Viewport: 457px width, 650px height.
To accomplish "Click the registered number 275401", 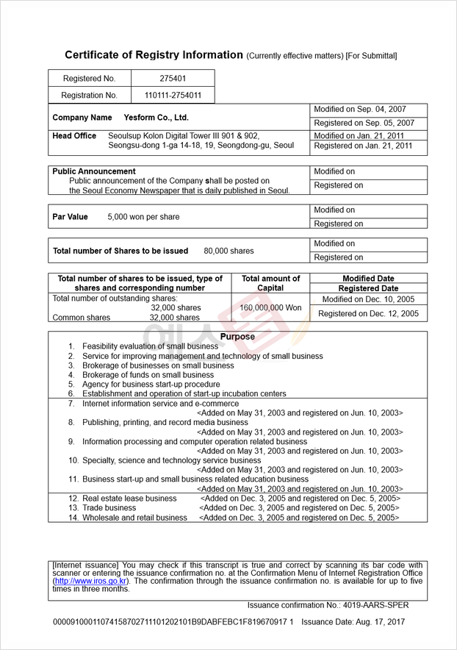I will click(x=173, y=78).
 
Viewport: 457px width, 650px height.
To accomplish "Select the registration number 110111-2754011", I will click(x=173, y=95).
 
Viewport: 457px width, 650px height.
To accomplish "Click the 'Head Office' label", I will click(x=74, y=136).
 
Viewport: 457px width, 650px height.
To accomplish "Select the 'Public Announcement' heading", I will click(x=94, y=171).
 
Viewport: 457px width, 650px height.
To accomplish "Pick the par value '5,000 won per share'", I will click(x=143, y=217).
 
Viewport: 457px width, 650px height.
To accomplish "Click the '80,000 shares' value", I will click(x=228, y=251).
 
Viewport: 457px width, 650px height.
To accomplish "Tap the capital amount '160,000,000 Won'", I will click(x=270, y=308).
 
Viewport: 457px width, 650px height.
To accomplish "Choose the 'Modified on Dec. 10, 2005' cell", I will click(x=368, y=299).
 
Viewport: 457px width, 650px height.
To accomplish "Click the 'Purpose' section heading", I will click(x=237, y=337).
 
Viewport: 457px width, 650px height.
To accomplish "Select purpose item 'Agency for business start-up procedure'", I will click(x=151, y=384).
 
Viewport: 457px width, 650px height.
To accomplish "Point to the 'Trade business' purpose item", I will click(x=109, y=507).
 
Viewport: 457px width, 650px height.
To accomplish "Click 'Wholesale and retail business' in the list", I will click(x=134, y=518).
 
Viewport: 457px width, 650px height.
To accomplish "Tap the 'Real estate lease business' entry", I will click(x=129, y=498).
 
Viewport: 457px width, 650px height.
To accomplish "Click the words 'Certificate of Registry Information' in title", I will click(x=154, y=55).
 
